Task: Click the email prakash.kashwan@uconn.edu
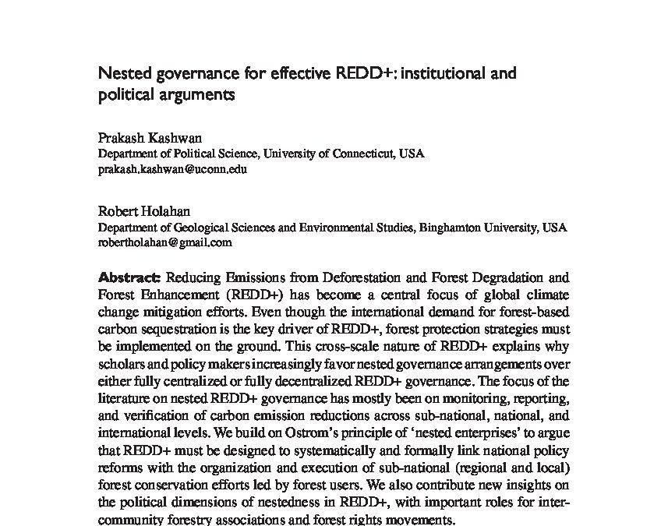coord(172,168)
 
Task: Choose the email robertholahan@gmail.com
coord(164,242)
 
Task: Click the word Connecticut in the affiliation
coord(359,154)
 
